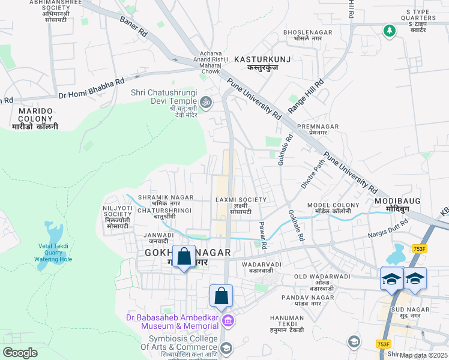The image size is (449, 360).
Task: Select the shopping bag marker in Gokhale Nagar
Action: (x=184, y=257)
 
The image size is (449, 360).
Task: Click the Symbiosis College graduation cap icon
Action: (x=226, y=348)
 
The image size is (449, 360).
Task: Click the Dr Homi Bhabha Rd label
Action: (x=91, y=88)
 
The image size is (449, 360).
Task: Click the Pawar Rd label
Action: (x=262, y=235)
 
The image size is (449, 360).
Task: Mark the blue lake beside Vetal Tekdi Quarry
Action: (x=50, y=231)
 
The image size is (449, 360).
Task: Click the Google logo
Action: (x=20, y=353)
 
